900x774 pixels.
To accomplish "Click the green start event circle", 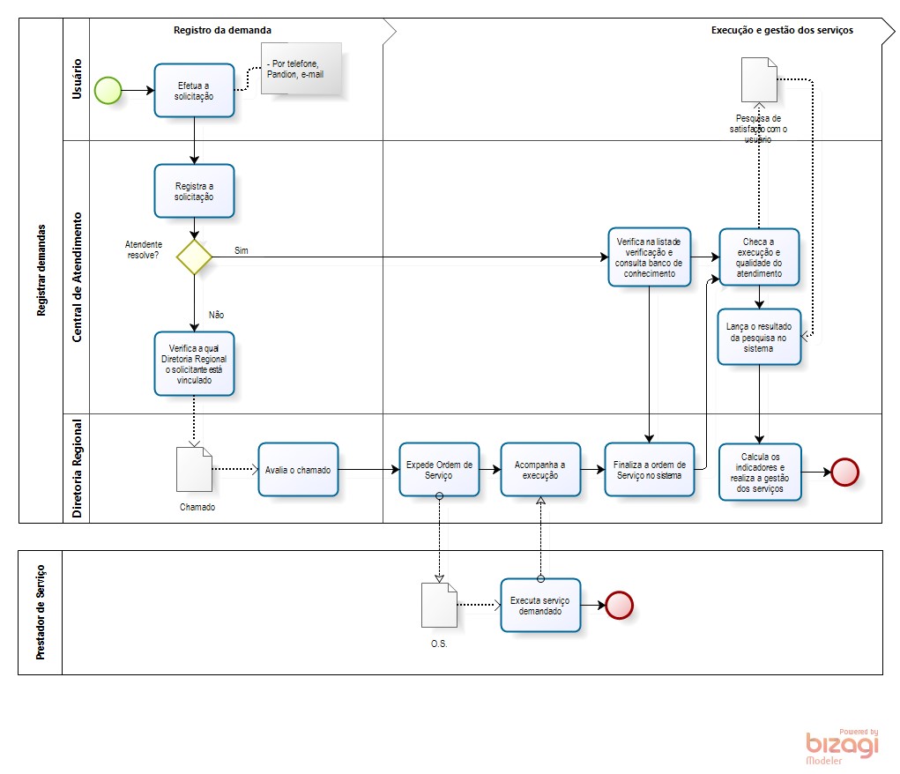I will pos(108,90).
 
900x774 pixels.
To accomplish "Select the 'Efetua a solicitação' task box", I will pos(194,90).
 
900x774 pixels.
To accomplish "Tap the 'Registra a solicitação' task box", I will pos(194,191).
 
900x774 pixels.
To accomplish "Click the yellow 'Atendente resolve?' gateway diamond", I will pos(194,257).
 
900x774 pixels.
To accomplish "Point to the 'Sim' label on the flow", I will pos(242,250).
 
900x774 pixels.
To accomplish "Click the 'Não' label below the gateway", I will pos(216,314).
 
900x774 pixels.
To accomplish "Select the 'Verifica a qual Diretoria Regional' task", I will pos(194,363).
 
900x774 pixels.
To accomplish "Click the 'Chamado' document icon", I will pos(194,469).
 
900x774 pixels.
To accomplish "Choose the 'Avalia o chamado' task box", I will pos(298,470).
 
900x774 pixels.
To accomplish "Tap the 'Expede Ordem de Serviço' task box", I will pos(439,470).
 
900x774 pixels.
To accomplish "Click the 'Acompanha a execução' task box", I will pos(540,470).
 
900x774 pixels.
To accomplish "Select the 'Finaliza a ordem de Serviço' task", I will pos(649,470).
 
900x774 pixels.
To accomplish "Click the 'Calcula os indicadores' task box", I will pos(760,472).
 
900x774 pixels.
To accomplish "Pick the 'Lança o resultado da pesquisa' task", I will pos(759,337).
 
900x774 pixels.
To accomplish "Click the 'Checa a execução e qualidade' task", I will pos(759,257).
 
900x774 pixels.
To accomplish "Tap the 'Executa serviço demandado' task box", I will pos(540,605).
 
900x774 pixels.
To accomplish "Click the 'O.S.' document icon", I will pos(439,605).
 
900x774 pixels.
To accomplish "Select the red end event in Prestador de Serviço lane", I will pos(620,605).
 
